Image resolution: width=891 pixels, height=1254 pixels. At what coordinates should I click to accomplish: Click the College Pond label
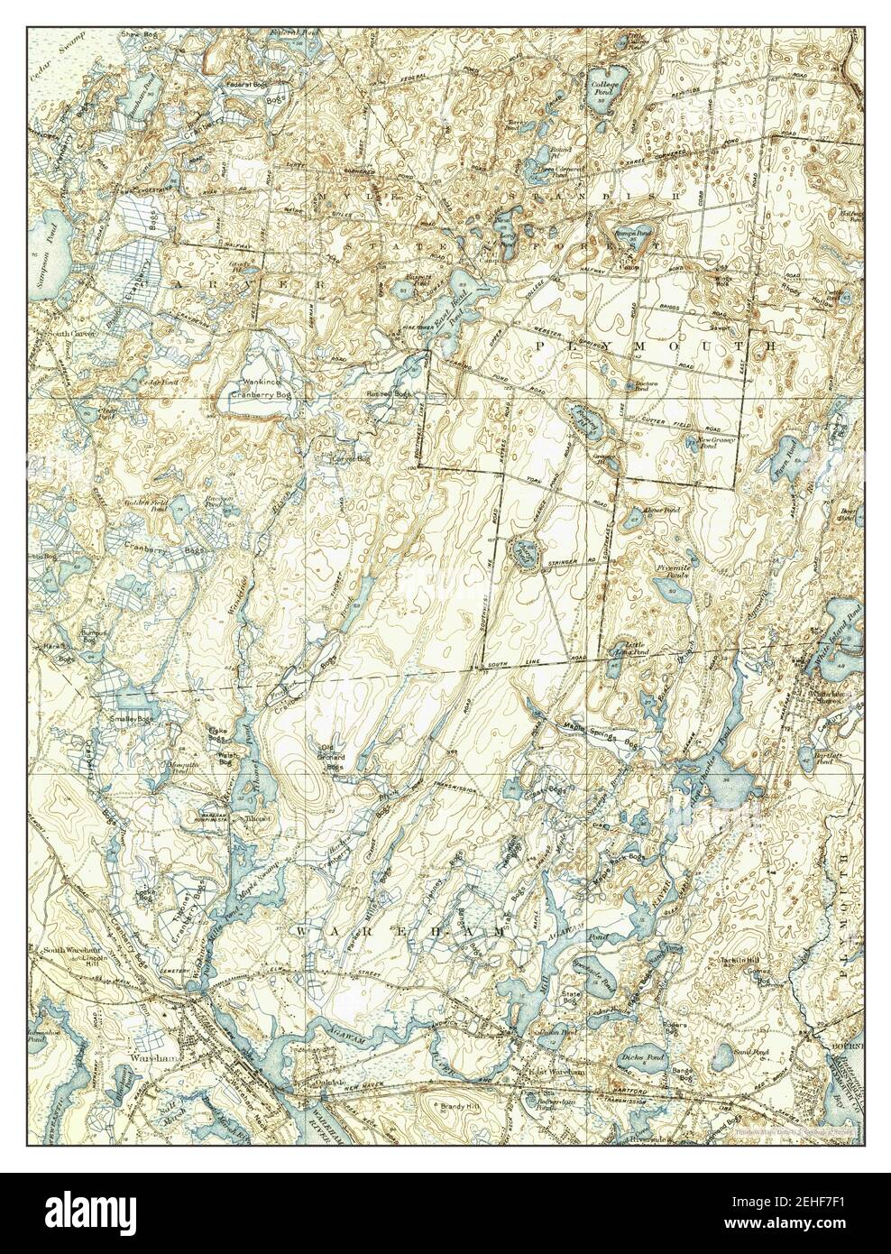[602, 88]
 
